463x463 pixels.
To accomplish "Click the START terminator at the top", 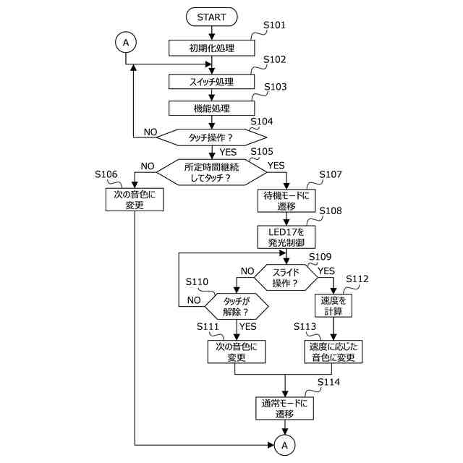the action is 212,17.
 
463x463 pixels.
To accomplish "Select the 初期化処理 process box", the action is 212,48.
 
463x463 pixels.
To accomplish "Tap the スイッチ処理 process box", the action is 212,82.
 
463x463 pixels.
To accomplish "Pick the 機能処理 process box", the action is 212,109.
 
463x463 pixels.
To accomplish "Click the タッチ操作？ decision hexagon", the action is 212,137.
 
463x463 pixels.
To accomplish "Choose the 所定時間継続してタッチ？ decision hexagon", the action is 212,172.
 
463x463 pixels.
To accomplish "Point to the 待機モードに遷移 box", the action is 286,201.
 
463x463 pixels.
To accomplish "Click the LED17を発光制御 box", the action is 286,237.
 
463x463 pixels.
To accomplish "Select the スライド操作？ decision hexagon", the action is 286,277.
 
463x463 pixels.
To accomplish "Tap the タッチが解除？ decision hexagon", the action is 237,306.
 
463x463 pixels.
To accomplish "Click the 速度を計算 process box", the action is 334,305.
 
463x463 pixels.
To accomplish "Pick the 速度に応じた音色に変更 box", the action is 334,352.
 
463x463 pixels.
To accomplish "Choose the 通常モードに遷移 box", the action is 284,408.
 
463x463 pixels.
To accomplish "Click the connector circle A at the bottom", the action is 284,445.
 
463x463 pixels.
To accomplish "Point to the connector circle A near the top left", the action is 126,43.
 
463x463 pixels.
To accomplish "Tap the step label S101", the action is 275,25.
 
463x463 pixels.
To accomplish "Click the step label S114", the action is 328,382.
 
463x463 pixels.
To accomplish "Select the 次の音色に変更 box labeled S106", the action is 135,200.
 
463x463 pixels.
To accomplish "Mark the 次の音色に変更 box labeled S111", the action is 237,352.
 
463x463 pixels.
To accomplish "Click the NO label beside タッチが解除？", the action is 194,300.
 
